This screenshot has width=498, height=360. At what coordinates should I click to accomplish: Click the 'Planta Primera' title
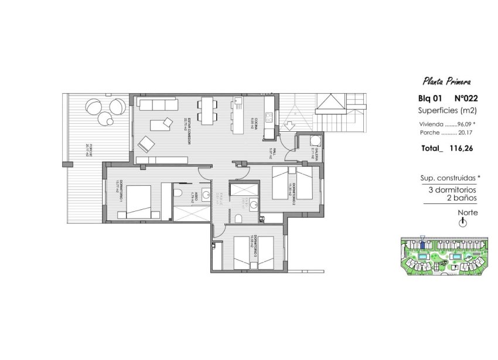click(446, 81)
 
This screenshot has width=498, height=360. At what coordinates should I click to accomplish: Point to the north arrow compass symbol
click(463, 223)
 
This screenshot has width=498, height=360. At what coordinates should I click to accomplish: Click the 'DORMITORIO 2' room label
click(293, 191)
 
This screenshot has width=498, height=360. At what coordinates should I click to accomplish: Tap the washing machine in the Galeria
click(315, 141)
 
